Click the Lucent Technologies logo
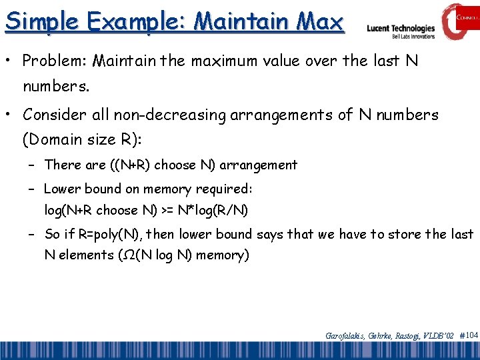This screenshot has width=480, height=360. point(401,29)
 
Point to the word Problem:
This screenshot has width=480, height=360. point(55,61)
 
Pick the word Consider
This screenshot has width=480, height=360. point(55,115)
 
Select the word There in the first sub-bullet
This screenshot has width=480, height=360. point(62,164)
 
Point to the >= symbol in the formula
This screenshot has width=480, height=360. point(169,211)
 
